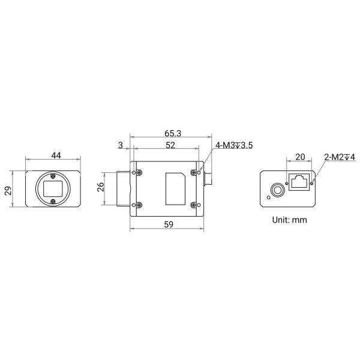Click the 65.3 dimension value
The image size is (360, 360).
[173, 133]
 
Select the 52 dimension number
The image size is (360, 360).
[170, 145]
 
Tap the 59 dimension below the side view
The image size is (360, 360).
[169, 224]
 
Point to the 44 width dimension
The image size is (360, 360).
[56, 155]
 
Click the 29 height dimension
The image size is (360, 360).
[8, 191]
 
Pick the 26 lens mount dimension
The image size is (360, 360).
[100, 187]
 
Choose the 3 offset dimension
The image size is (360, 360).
[121, 145]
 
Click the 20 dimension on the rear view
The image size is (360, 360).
[300, 157]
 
